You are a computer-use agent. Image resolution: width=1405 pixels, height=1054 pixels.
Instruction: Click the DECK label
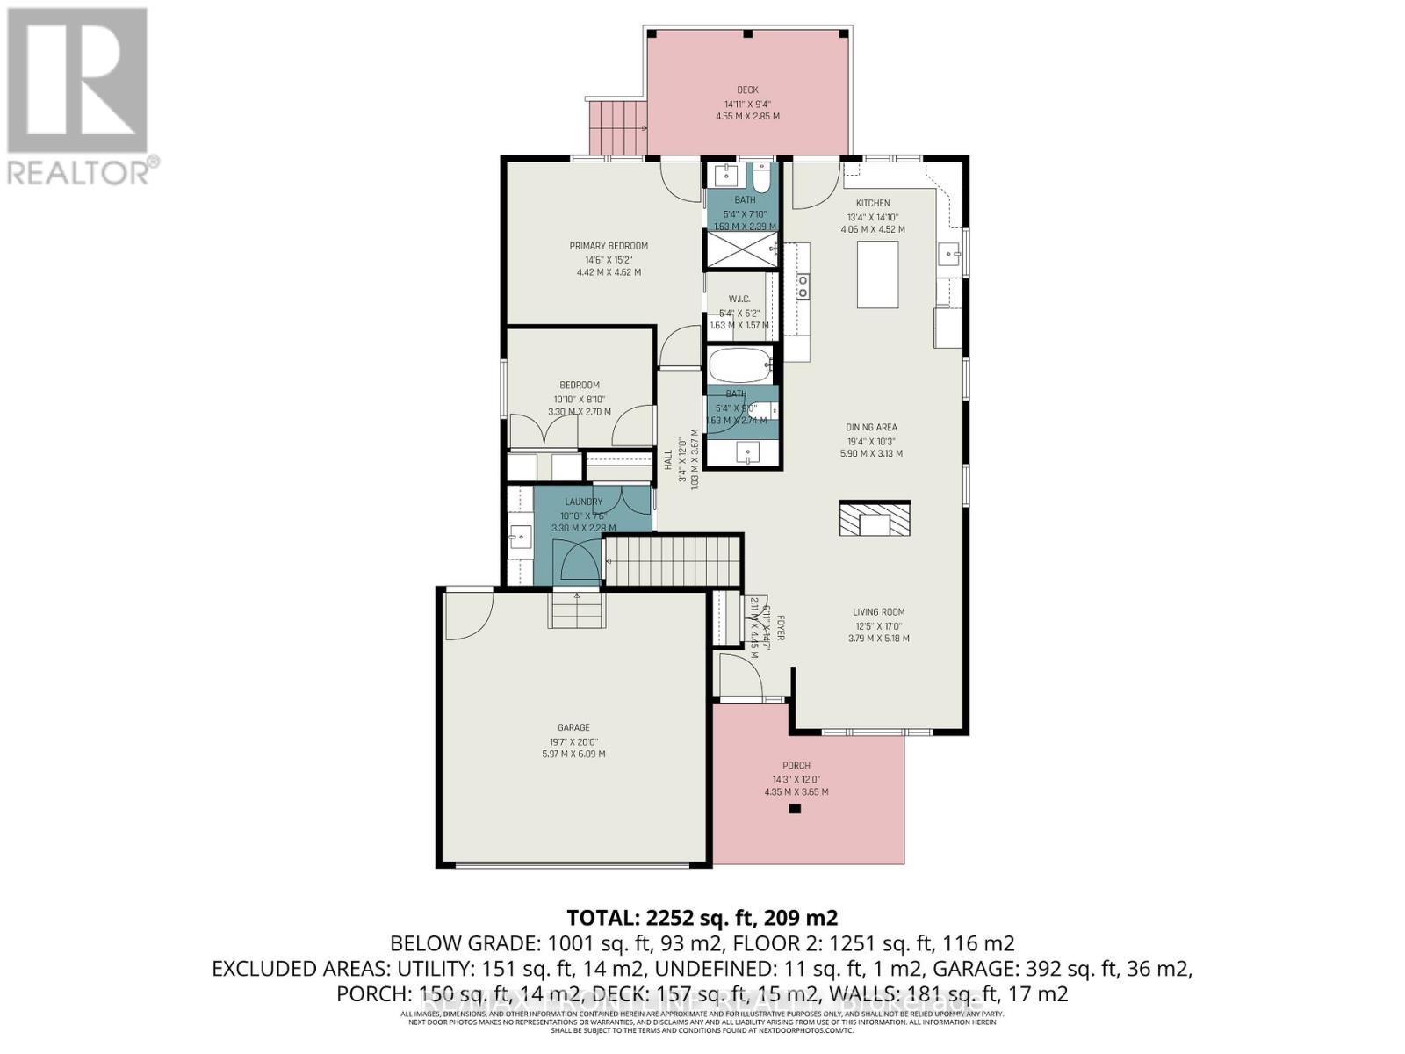(x=747, y=90)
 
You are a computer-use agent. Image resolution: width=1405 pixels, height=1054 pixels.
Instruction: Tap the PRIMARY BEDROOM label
(x=609, y=246)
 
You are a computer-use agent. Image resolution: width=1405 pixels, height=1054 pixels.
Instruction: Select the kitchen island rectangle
(x=877, y=274)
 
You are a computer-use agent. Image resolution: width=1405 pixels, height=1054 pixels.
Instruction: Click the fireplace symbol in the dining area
(x=875, y=518)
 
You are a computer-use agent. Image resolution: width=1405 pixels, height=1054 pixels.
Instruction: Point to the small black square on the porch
(x=795, y=809)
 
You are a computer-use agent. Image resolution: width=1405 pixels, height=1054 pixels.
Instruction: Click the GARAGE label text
(x=573, y=727)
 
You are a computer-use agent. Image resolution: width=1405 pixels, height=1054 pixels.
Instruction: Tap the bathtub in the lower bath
(x=739, y=364)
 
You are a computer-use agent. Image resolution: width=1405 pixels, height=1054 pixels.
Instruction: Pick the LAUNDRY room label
(x=583, y=502)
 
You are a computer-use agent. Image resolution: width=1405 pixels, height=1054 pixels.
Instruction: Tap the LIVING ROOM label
(x=878, y=612)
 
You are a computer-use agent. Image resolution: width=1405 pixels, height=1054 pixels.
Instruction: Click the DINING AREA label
(x=871, y=428)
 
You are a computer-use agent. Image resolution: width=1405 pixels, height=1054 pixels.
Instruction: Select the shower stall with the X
(x=740, y=250)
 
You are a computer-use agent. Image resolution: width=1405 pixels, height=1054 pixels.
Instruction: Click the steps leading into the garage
(x=577, y=610)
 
